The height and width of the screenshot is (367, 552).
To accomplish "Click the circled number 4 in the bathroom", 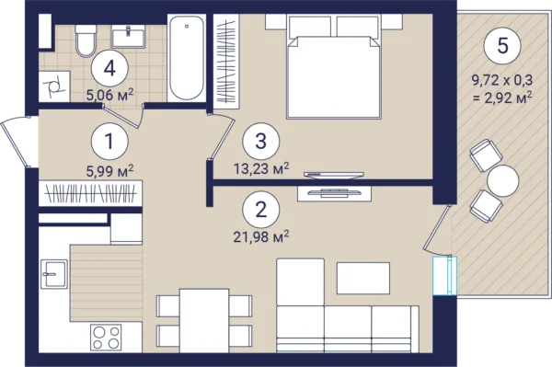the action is [109, 69].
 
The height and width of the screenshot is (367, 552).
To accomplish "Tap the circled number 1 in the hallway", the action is [109, 142].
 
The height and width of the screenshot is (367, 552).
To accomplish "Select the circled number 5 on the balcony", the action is [502, 46].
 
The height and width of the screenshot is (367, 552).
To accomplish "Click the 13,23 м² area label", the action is [261, 168].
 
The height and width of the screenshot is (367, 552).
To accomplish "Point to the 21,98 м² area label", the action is [261, 236].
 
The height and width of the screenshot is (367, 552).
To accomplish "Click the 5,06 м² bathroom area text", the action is [109, 95].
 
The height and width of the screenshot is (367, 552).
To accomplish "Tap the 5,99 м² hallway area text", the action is [109, 171].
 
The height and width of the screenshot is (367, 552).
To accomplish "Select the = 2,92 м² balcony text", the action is [502, 97].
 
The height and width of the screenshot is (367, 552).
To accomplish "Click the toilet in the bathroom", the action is [86, 40].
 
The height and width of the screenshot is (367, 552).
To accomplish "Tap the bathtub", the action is [187, 57].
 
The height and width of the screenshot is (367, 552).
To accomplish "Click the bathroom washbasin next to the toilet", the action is [128, 37].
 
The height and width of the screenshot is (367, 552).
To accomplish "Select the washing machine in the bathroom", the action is [54, 86].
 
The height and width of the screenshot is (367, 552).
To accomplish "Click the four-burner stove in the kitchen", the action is [106, 337].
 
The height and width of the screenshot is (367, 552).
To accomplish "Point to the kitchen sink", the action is [54, 274].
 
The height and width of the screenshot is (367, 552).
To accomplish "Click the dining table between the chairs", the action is [204, 320].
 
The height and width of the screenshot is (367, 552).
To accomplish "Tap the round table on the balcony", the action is [502, 181].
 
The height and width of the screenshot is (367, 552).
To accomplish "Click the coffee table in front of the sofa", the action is [363, 278].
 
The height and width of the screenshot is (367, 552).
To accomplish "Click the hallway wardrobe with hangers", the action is [90, 193].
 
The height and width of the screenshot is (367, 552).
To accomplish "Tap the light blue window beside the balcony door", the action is [444, 276].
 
